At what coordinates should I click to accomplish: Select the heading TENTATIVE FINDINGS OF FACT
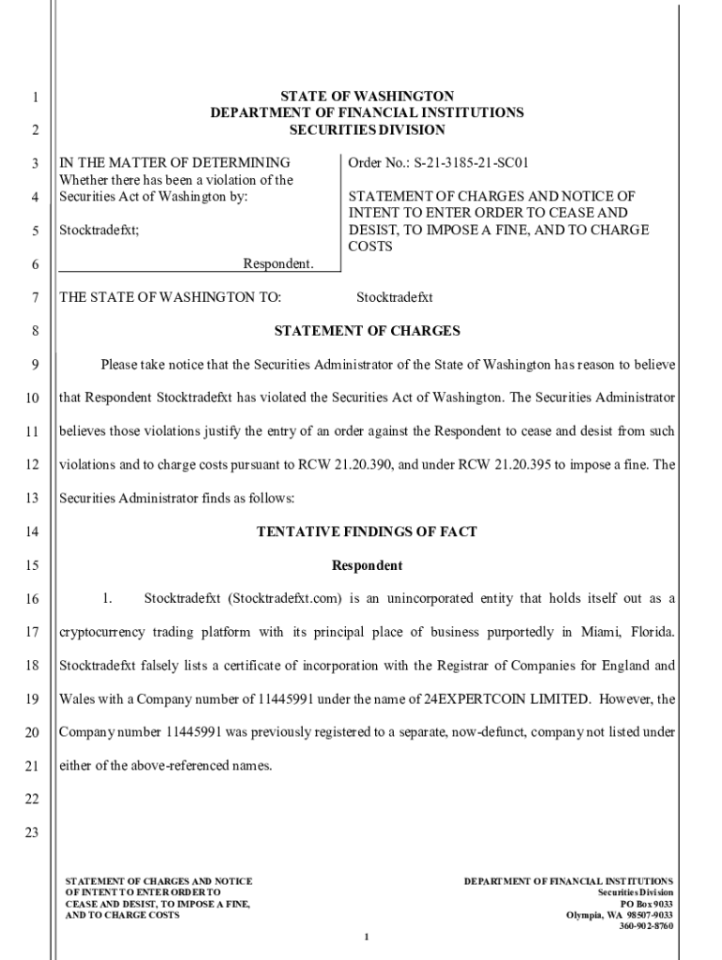367,532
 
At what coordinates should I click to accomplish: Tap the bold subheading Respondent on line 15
367,565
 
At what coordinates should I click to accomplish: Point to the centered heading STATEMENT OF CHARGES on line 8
367,331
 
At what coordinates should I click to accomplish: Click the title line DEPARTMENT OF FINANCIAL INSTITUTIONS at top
367,112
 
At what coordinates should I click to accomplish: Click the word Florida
650,632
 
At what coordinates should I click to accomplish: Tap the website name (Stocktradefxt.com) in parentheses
288,598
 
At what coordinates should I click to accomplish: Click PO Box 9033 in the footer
647,904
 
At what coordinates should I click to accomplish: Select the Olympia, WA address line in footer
619,915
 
